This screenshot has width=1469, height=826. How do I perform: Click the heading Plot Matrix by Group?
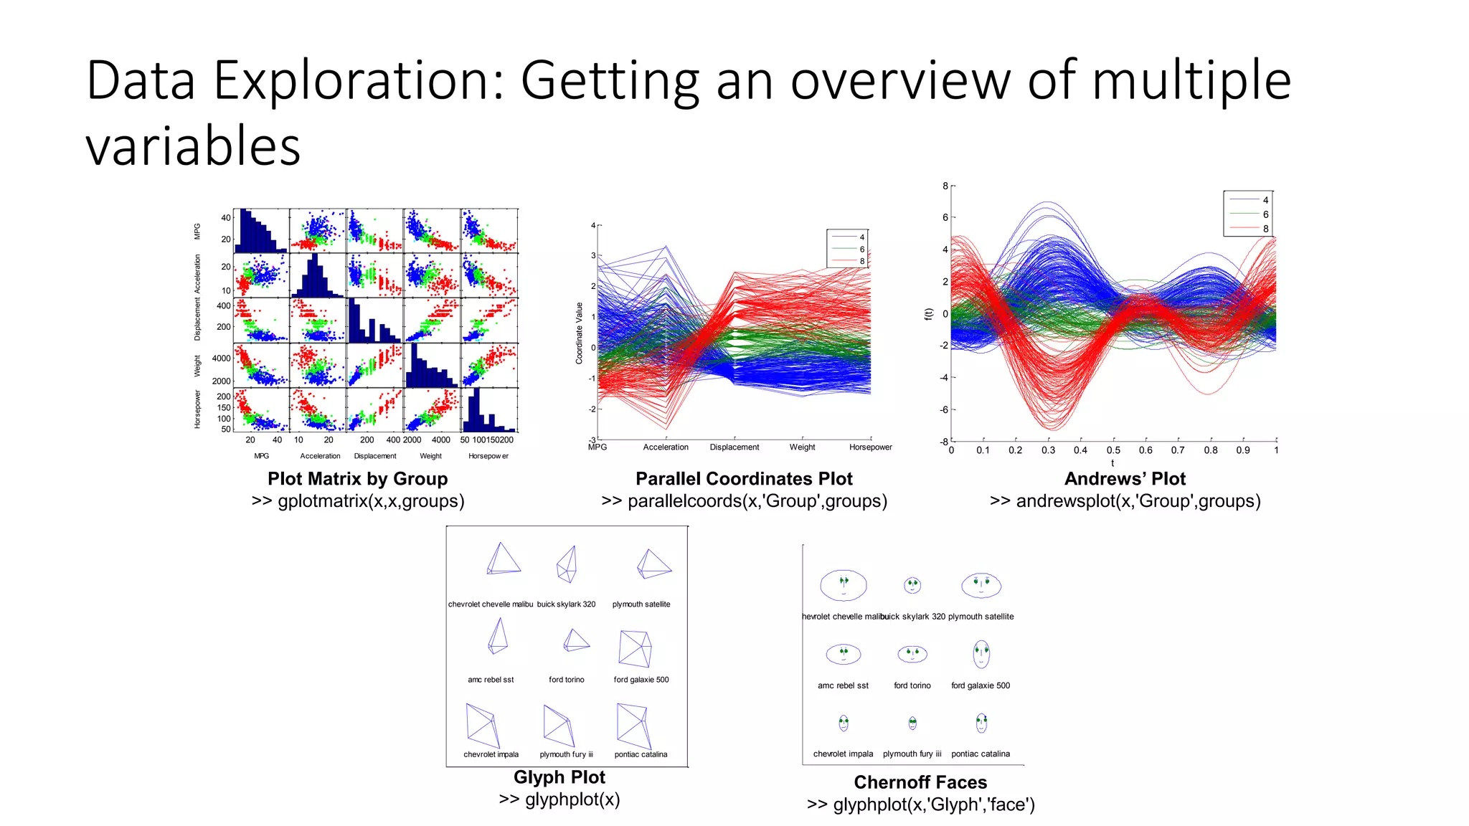[x=357, y=478]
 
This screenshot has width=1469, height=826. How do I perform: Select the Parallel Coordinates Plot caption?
[x=744, y=478]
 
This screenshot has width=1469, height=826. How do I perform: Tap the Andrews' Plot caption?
[x=1124, y=478]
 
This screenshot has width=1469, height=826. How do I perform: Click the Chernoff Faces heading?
[x=920, y=782]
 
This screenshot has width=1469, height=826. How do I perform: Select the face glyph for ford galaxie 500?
[x=981, y=654]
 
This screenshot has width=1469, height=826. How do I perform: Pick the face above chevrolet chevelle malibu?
[x=844, y=585]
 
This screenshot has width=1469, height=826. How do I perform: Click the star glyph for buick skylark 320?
[x=567, y=565]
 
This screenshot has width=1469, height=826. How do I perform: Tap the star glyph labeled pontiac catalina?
[x=634, y=726]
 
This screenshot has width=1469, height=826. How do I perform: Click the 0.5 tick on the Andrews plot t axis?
[x=1113, y=450]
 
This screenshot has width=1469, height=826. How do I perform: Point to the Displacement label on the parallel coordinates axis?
[x=734, y=447]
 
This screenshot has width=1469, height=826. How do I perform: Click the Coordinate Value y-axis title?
[x=579, y=333]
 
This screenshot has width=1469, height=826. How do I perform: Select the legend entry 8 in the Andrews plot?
[x=1265, y=229]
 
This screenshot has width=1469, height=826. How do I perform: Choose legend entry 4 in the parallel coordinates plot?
[x=861, y=237]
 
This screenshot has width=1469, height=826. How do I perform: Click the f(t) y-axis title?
[x=928, y=314]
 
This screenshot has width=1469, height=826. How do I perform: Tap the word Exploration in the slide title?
[x=359, y=80]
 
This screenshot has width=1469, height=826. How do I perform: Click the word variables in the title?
[x=193, y=146]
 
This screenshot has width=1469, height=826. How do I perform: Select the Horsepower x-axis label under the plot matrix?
[x=488, y=456]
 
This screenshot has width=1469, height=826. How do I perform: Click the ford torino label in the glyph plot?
[x=566, y=680]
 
